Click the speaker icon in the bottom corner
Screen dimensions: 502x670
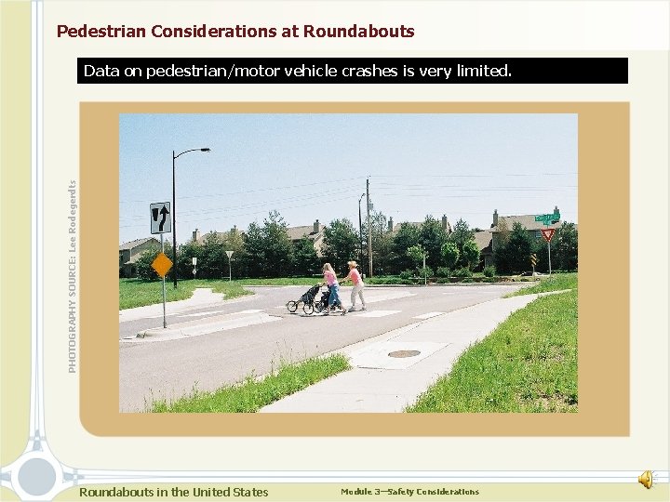click(x=646, y=478)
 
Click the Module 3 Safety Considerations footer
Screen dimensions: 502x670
click(x=409, y=492)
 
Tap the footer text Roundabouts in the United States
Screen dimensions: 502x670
click(x=174, y=493)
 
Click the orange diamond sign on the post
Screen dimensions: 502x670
click(x=162, y=265)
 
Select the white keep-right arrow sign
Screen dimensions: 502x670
click(x=160, y=218)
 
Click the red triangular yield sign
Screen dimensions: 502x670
click(x=548, y=235)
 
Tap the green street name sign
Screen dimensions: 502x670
click(x=547, y=218)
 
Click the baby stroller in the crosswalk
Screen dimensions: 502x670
click(x=307, y=299)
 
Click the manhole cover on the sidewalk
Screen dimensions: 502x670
click(x=404, y=353)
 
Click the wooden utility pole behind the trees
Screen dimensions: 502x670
click(x=368, y=228)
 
